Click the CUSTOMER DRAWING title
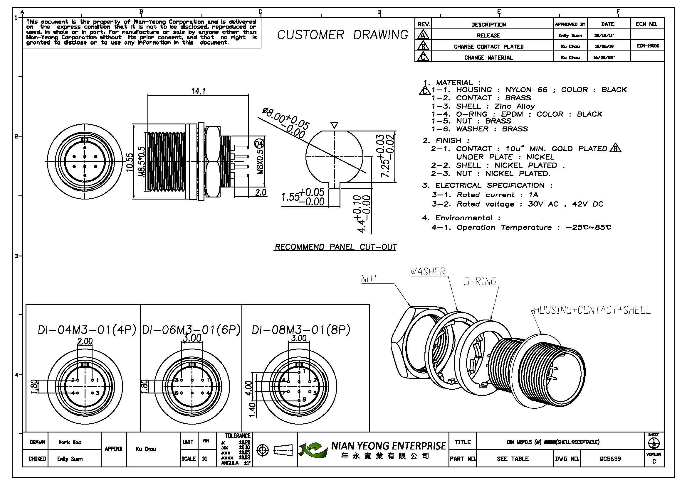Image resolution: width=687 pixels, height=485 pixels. click(x=342, y=35)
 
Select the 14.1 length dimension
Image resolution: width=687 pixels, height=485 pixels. click(x=198, y=91)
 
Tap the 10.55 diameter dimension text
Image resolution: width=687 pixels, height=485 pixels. click(x=129, y=162)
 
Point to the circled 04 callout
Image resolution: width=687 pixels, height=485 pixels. click(x=259, y=144)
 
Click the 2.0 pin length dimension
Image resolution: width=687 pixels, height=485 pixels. click(x=261, y=192)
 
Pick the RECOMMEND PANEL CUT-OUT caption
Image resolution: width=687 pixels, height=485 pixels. click(x=335, y=247)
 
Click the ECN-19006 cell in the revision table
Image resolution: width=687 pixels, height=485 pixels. click(x=648, y=46)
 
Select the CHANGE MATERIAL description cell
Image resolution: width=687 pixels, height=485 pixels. click(x=488, y=58)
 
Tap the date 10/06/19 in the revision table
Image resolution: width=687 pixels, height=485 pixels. click(x=604, y=47)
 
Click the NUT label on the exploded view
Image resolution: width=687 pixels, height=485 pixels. click(x=369, y=279)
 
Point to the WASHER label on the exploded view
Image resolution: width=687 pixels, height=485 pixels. click(x=428, y=271)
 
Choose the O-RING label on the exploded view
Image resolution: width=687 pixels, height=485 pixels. click(x=480, y=281)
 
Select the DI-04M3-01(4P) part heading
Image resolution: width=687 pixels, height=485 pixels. click(x=87, y=330)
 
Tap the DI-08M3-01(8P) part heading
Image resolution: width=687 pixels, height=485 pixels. click(x=301, y=330)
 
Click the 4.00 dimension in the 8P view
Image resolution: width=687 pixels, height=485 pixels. click(x=249, y=388)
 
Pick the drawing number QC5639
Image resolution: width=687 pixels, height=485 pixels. click(x=610, y=459)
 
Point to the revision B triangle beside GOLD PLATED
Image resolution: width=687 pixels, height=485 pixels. click(x=615, y=148)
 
